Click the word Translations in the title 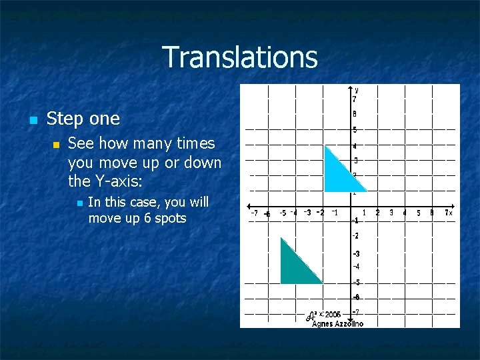click(x=239, y=57)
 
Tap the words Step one click(x=83, y=119)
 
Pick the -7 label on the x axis click(x=254, y=213)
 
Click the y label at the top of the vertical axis click(x=357, y=89)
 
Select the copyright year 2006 click(x=333, y=314)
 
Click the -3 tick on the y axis click(x=357, y=253)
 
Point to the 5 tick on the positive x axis click(x=418, y=213)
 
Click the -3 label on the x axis click(x=307, y=213)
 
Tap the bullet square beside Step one click(x=32, y=120)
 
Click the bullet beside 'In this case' click(x=77, y=203)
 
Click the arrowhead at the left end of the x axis click(x=249, y=206)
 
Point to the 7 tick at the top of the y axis click(x=355, y=99)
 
